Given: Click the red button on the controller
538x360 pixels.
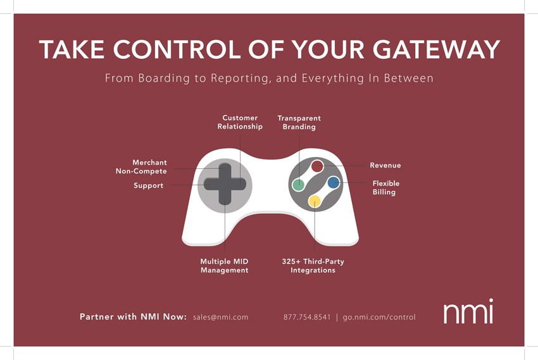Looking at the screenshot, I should pyautogui.click(x=318, y=166).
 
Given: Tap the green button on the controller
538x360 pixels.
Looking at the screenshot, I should pyautogui.click(x=298, y=185).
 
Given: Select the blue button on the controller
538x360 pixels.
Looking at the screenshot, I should pyautogui.click(x=334, y=183).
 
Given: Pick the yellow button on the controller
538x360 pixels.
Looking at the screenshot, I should pyautogui.click(x=315, y=201).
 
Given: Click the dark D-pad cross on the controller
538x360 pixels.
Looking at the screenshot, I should pyautogui.click(x=225, y=183).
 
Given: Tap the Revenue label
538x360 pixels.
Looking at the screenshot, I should pyautogui.click(x=385, y=166).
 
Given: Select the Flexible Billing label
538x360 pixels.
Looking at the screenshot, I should pyautogui.click(x=385, y=188).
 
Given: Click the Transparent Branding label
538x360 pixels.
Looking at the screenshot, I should pyautogui.click(x=299, y=123).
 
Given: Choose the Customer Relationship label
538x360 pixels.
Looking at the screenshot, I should pyautogui.click(x=240, y=122).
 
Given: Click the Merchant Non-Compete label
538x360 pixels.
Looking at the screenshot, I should pyautogui.click(x=141, y=167).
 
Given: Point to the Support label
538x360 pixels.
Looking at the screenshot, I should pyautogui.click(x=148, y=186).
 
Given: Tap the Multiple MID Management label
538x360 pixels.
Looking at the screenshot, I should pyautogui.click(x=224, y=266).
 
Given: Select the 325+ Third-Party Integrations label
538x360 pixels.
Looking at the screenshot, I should pyautogui.click(x=313, y=266).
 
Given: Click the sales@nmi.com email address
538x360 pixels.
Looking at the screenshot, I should pyautogui.click(x=220, y=317).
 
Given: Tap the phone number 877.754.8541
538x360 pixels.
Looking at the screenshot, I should pyautogui.click(x=307, y=317).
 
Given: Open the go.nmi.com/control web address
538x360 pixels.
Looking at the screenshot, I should pyautogui.click(x=379, y=317).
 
